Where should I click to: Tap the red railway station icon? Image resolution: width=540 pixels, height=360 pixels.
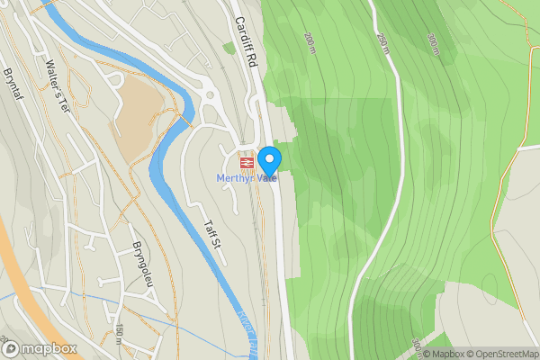click(245, 163)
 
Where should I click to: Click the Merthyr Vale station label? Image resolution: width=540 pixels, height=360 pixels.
click(245, 177)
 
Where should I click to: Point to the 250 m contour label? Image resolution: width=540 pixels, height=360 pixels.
click(382, 43)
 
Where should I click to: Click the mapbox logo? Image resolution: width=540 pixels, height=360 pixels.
click(40, 348)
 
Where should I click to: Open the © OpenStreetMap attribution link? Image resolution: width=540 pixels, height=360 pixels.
click(498, 353)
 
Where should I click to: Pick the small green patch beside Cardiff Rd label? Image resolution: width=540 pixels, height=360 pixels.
click(229, 48)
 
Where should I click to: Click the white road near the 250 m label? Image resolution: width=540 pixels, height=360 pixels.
click(397, 90)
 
